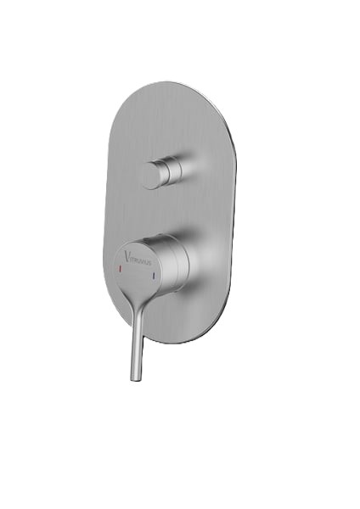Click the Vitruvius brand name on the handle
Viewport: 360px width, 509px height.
pyautogui.click(x=138, y=257)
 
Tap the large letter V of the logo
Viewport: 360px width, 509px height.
pyautogui.click(x=127, y=255)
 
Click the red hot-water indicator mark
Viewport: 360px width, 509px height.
pyautogui.click(x=120, y=268)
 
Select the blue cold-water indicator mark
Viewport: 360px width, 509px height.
pyautogui.click(x=154, y=276)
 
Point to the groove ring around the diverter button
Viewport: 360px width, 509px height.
pyautogui.click(x=168, y=171)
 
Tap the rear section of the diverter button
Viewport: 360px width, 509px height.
pyautogui.click(x=176, y=170)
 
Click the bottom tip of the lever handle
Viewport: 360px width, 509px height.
pyautogui.click(x=136, y=378)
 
